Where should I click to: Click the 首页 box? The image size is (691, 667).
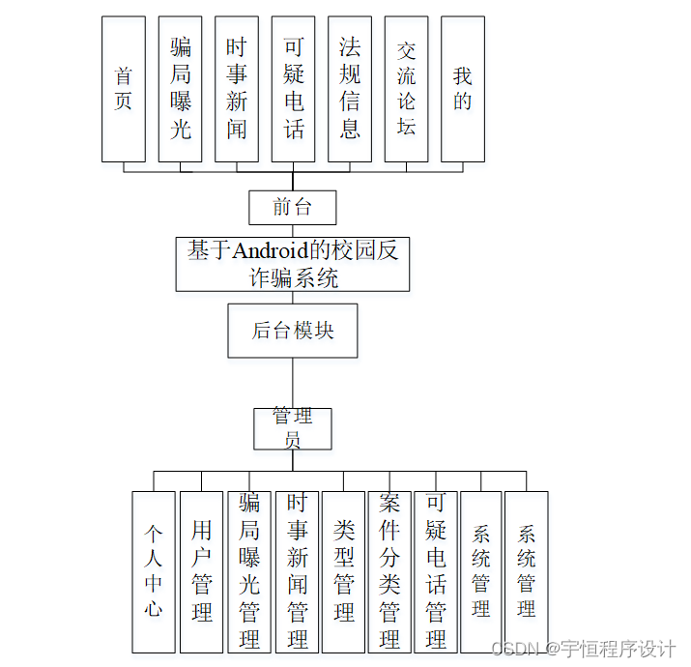tap(123, 89)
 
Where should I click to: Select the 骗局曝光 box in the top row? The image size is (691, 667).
tap(181, 89)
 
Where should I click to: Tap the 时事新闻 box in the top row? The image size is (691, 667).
tap(237, 89)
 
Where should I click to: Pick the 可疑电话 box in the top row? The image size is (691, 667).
tap(294, 89)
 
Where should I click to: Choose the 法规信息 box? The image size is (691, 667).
tap(350, 89)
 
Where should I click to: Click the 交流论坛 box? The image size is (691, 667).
tap(406, 89)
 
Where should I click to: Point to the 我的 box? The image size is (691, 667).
tap(463, 89)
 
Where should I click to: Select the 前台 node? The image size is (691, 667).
tap(293, 208)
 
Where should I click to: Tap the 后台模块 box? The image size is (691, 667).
tap(293, 331)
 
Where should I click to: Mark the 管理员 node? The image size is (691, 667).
tap(293, 428)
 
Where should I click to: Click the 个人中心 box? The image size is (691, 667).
tap(154, 572)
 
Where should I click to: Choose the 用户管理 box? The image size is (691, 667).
tap(201, 572)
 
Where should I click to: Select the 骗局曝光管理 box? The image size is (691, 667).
tap(248, 572)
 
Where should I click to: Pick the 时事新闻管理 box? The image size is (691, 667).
tap(297, 572)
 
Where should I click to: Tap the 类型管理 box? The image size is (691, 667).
tap(344, 572)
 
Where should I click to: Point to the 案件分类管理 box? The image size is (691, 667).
tap(389, 572)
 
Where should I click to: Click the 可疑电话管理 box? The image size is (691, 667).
tap(436, 572)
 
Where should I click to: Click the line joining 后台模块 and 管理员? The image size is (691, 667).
tap(293, 383)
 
